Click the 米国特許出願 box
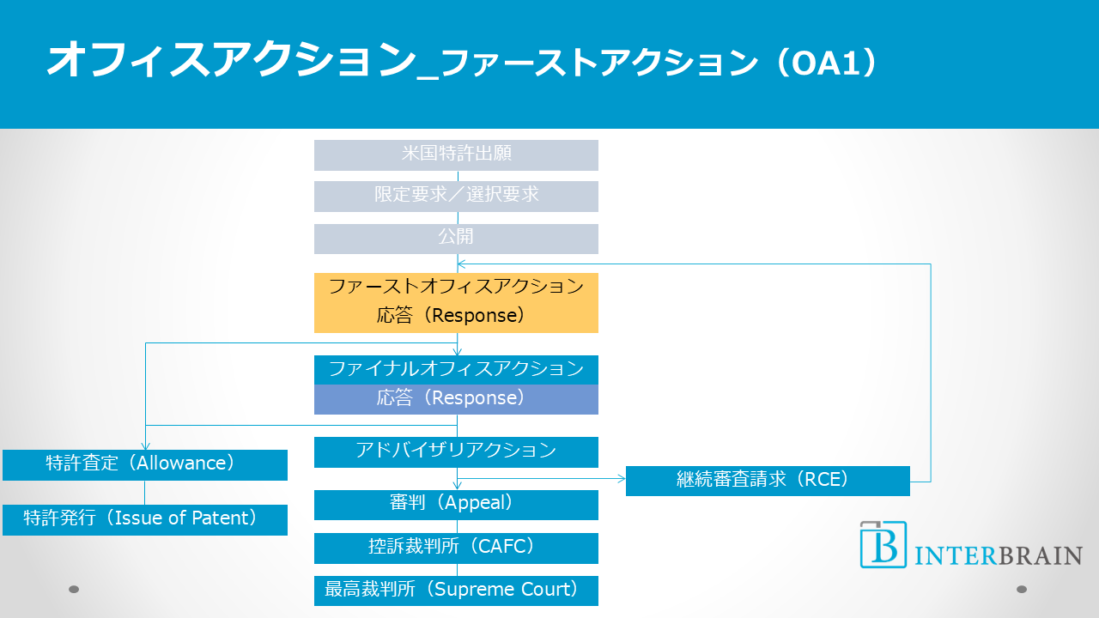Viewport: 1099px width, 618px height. coord(456,155)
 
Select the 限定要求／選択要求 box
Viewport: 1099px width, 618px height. coord(456,196)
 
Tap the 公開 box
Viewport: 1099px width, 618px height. coord(456,239)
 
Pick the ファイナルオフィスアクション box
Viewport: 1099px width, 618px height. coord(456,370)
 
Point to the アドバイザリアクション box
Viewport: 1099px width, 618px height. coord(456,451)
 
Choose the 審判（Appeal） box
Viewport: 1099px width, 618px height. coord(456,505)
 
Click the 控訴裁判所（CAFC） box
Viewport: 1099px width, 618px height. coord(456,548)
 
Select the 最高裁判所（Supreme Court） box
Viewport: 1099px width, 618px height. coord(456,591)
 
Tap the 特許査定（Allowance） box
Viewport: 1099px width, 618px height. coord(144,464)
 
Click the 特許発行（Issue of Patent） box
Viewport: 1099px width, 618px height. coord(144,519)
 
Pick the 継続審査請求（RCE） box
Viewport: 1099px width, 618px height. coord(768,481)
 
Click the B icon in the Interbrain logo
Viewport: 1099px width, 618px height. coord(883,544)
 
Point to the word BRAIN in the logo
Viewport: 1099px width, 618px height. coord(1040,555)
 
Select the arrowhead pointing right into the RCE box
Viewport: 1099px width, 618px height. coord(621,476)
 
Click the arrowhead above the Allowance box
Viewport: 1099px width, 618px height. coord(145,445)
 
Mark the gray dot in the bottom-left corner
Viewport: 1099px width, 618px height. coord(74,589)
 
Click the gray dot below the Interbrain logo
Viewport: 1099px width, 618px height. coord(1022,589)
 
